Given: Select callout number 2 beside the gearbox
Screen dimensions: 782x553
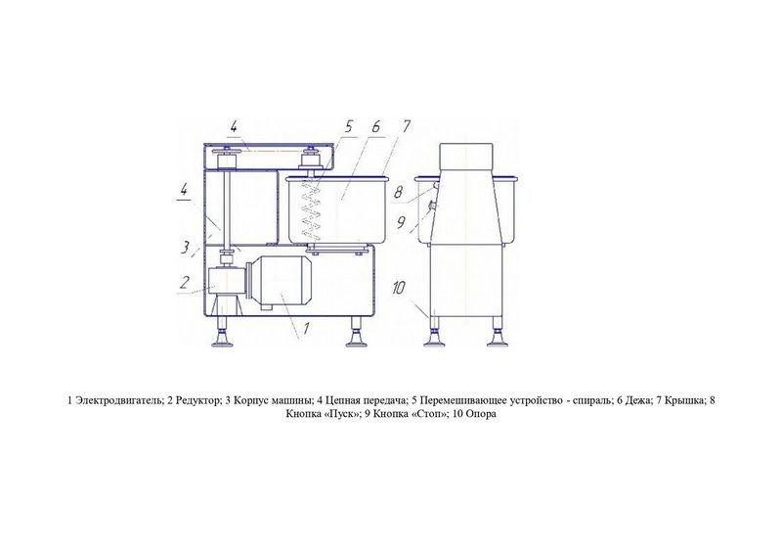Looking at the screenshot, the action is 185,283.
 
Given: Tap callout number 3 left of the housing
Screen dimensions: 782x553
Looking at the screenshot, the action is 186,247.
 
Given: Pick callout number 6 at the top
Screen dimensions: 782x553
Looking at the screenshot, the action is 375,126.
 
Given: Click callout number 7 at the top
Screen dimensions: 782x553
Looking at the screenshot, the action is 406,126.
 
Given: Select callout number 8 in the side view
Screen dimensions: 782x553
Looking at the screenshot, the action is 398,192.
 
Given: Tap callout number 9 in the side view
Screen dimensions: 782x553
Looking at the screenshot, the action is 401,222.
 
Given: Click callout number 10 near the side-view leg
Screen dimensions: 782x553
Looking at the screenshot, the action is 399,288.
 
